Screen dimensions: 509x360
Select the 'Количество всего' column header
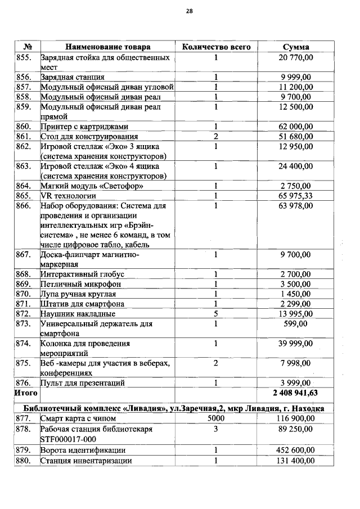(217, 47)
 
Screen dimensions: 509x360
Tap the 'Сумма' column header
(296, 47)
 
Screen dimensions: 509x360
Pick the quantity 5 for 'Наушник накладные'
(216, 313)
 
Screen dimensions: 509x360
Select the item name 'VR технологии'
(68, 196)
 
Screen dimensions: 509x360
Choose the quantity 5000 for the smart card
(216, 418)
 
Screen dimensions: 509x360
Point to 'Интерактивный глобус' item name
(82, 274)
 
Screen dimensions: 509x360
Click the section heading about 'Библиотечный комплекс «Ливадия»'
(174, 408)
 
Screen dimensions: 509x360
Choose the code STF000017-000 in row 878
(68, 439)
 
